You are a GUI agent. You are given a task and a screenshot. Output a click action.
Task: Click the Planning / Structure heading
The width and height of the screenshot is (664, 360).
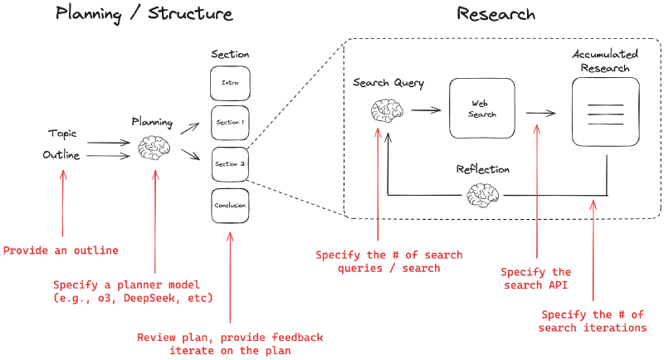144,14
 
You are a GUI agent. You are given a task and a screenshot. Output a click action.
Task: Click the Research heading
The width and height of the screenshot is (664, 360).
496,14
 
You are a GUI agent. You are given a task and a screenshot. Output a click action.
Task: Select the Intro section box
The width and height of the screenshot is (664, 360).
230,82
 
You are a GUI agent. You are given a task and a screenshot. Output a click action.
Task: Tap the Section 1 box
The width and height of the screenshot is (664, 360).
230,122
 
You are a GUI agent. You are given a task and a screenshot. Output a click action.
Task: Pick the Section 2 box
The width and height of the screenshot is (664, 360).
230,163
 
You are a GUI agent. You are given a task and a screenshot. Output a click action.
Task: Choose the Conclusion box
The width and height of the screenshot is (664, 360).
230,206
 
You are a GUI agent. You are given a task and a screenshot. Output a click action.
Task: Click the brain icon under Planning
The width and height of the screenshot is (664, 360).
152,148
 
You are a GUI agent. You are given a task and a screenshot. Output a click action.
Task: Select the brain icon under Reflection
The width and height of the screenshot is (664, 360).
482,196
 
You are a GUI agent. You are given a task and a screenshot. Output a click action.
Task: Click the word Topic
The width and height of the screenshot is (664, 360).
61,133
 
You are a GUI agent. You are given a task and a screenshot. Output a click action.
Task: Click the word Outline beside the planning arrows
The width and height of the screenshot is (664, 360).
61,154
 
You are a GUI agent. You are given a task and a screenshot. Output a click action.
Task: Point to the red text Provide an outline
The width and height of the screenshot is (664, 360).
61,251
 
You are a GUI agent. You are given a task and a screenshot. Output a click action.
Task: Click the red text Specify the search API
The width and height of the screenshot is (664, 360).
536,278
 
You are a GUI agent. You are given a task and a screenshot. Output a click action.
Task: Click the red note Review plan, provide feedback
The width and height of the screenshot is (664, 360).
230,343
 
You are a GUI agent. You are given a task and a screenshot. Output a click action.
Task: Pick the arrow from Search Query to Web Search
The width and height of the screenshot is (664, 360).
425,109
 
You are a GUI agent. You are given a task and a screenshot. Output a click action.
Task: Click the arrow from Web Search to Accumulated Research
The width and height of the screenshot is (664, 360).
541,114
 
